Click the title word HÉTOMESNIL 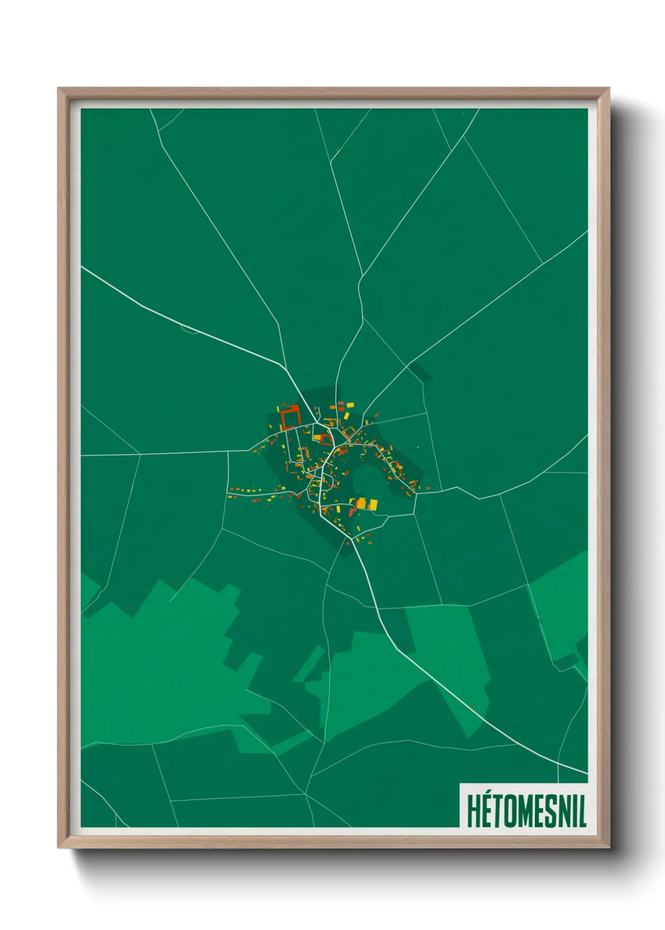click(526, 811)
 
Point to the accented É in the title click(486, 811)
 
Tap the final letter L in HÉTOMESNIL click(583, 811)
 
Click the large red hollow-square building click(290, 417)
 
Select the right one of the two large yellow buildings click(373, 504)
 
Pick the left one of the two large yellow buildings click(361, 503)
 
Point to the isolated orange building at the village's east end click(428, 488)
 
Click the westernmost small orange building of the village click(230, 490)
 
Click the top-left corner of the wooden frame click(58, 89)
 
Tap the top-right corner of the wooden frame click(608, 89)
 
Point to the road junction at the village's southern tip click(348, 539)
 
